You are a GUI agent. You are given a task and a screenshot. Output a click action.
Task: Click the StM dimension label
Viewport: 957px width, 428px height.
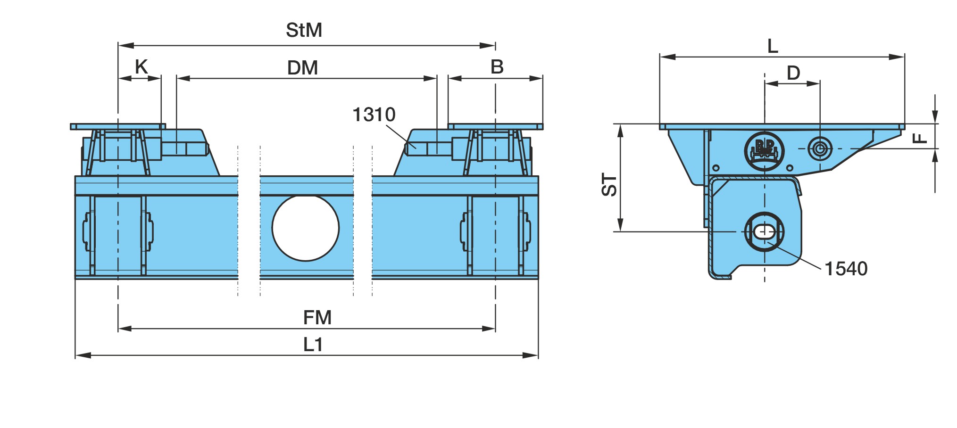pos(304,30)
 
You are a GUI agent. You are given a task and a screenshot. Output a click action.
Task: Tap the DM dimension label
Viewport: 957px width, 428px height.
pos(302,68)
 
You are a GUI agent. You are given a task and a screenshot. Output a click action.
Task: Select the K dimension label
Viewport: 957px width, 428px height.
pos(141,67)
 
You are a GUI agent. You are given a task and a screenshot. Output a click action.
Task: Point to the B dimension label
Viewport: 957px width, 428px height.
pos(497,67)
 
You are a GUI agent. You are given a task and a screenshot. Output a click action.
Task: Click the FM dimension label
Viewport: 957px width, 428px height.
pos(317,318)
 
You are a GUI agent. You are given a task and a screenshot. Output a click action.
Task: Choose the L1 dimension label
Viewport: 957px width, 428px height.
pos(313,345)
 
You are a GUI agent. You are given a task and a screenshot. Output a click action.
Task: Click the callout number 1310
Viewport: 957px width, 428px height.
pos(374,115)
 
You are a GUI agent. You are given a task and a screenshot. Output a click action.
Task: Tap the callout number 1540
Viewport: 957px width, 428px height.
pos(846,269)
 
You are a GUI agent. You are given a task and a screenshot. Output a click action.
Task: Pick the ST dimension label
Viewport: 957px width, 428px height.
pos(609,185)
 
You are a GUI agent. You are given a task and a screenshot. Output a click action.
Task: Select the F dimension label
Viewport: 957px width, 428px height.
pos(919,138)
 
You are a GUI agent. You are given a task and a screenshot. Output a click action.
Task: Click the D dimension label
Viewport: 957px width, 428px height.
pos(793,73)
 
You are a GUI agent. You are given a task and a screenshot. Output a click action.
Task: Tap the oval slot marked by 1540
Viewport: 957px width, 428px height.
pos(764,232)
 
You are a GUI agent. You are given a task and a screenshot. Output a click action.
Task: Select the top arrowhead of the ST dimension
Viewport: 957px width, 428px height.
pos(621,132)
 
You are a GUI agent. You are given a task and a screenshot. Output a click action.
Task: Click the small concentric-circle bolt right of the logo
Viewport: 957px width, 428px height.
pos(820,149)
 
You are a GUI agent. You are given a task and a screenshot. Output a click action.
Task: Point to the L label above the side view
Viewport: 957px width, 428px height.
pos(773,46)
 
